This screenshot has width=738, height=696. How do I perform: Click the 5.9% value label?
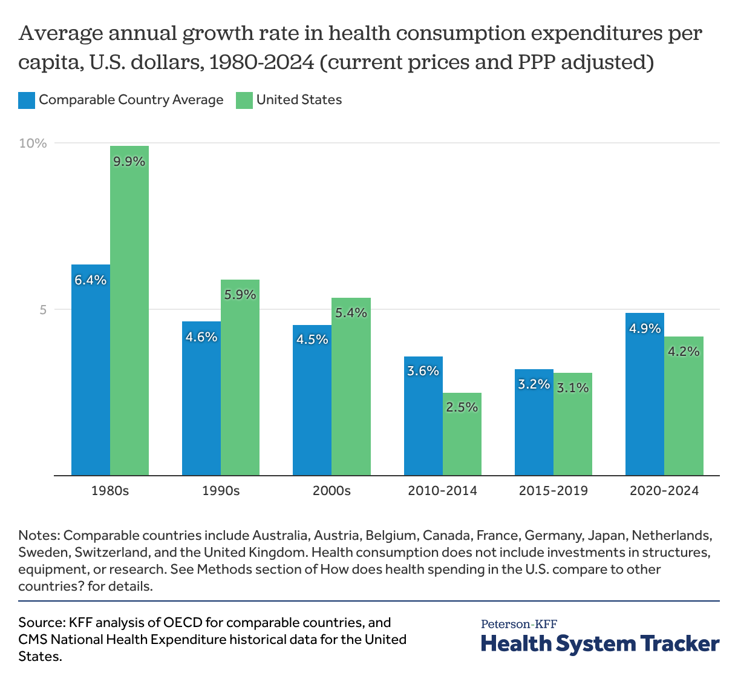tap(240, 295)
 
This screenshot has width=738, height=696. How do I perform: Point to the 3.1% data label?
tap(572, 388)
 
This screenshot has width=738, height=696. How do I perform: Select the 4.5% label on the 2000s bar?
tap(312, 340)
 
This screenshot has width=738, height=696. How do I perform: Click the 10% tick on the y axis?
tap(33, 143)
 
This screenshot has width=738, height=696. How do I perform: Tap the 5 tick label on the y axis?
tap(42, 310)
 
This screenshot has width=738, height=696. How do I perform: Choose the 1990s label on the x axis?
tap(221, 491)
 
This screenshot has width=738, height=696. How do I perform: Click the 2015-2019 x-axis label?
tap(553, 491)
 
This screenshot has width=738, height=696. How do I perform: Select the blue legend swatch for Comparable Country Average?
tap(27, 100)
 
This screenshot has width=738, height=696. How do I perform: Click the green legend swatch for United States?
tap(244, 100)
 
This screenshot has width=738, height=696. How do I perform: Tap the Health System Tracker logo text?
tap(600, 644)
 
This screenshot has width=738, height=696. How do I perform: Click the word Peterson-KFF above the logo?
tap(519, 624)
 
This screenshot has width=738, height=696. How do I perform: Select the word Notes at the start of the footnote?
tap(38, 536)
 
